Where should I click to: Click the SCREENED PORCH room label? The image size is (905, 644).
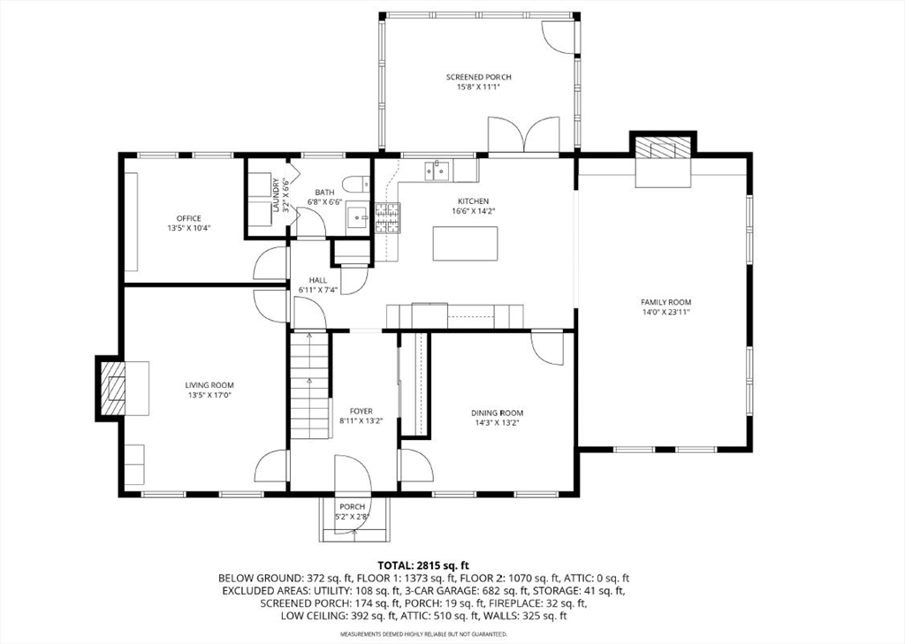click(478, 77)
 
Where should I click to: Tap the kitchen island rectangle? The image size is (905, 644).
click(465, 244)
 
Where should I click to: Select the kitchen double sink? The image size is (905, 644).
click(437, 170)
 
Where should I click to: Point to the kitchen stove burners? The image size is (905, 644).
click(388, 218)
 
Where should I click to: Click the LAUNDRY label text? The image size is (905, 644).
click(276, 195)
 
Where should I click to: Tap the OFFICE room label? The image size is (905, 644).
click(189, 218)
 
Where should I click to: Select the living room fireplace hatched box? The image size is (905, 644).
click(113, 388)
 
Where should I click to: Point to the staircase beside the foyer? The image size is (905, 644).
click(310, 386)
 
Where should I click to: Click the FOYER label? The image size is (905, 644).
click(361, 412)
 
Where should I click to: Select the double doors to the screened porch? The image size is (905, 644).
click(523, 135)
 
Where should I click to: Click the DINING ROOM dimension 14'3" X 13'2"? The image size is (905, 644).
click(497, 422)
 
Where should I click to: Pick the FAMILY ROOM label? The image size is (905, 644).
click(665, 302)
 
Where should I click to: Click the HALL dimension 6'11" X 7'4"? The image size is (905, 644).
click(317, 290)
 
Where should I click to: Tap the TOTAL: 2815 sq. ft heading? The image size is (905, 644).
click(418, 565)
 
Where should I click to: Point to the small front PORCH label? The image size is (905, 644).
click(352, 507)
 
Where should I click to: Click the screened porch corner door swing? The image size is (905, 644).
click(559, 37)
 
